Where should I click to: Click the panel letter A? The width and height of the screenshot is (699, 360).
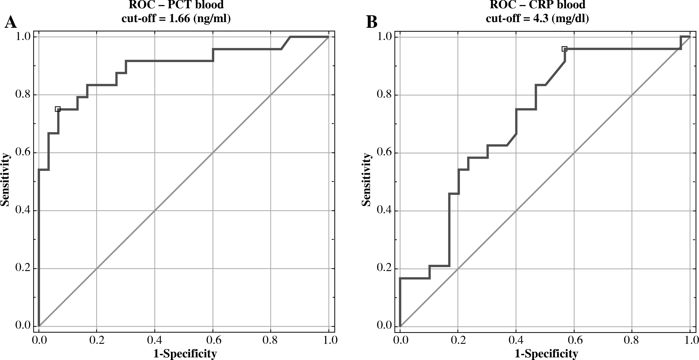pyautogui.click(x=11, y=22)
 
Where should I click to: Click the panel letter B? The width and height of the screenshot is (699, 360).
pyautogui.click(x=372, y=22)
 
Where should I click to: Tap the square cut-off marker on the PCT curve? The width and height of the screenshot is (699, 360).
pyautogui.click(x=57, y=109)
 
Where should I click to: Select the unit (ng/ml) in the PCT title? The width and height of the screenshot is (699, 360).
pyautogui.click(x=212, y=18)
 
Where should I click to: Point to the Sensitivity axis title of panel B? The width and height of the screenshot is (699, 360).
pyautogui.click(x=366, y=180)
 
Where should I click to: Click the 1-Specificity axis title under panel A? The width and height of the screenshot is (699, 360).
pyautogui.click(x=185, y=353)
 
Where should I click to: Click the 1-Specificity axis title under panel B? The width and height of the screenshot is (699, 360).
pyautogui.click(x=546, y=353)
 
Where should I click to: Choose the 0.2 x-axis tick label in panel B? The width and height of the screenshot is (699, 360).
pyautogui.click(x=458, y=340)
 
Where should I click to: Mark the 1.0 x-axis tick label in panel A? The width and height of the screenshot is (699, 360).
pyautogui.click(x=329, y=340)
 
